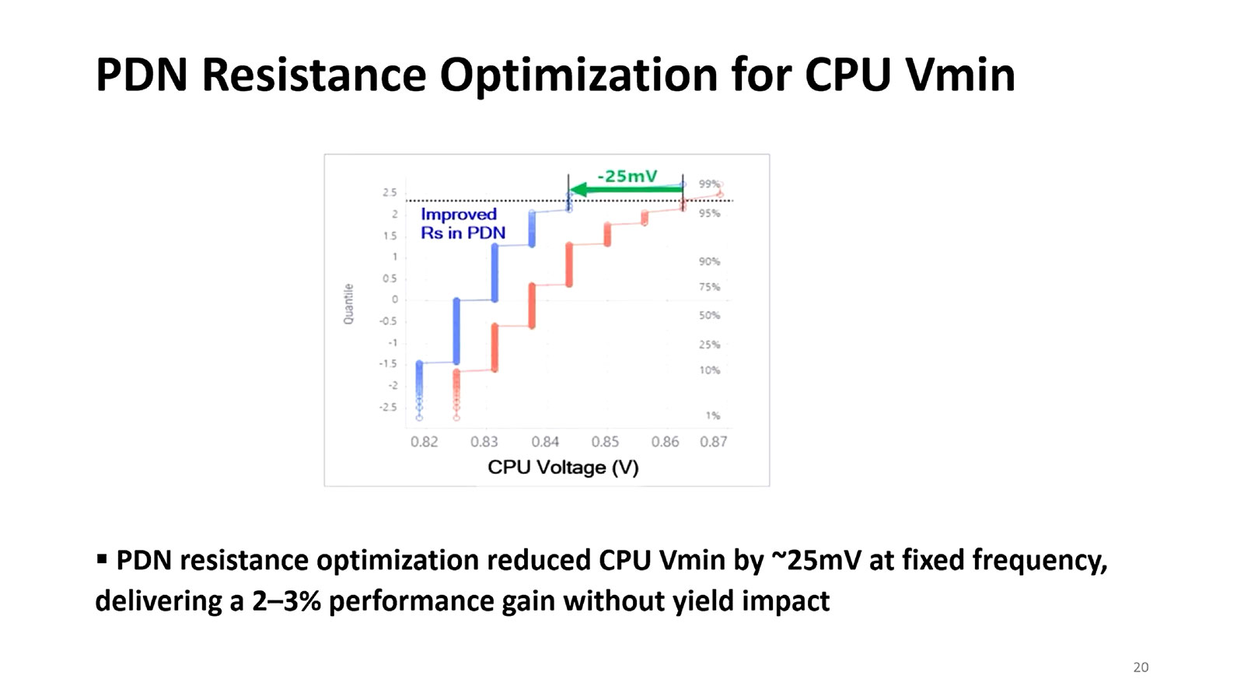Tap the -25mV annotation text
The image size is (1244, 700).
627,176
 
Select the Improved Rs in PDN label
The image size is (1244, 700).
463,223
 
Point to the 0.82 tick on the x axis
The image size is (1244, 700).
424,442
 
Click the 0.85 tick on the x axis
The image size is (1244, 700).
605,442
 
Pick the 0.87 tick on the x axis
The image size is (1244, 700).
713,442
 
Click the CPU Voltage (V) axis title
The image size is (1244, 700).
563,467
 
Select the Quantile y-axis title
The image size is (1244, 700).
348,303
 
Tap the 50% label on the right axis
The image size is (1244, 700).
709,315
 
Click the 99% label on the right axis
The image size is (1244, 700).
709,184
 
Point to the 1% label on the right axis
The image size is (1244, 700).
712,415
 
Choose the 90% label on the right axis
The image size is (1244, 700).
709,261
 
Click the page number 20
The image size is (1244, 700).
1141,667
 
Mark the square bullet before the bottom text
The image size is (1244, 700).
102,558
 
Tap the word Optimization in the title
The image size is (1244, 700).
578,75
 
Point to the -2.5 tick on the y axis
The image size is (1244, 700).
387,407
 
